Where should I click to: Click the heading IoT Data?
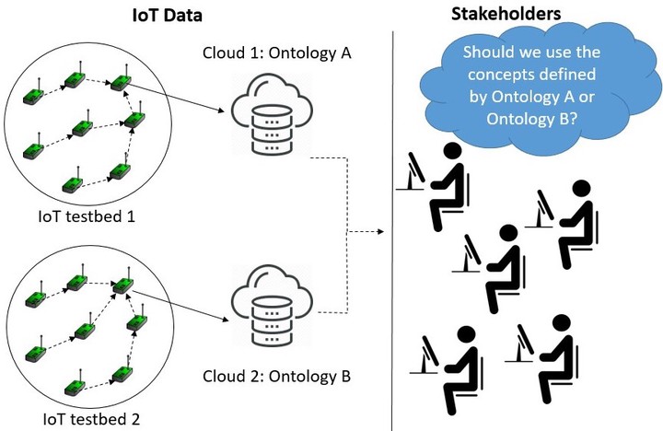point(167,16)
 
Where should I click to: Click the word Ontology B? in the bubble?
point(529,120)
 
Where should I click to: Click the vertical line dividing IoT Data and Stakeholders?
point(394,230)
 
